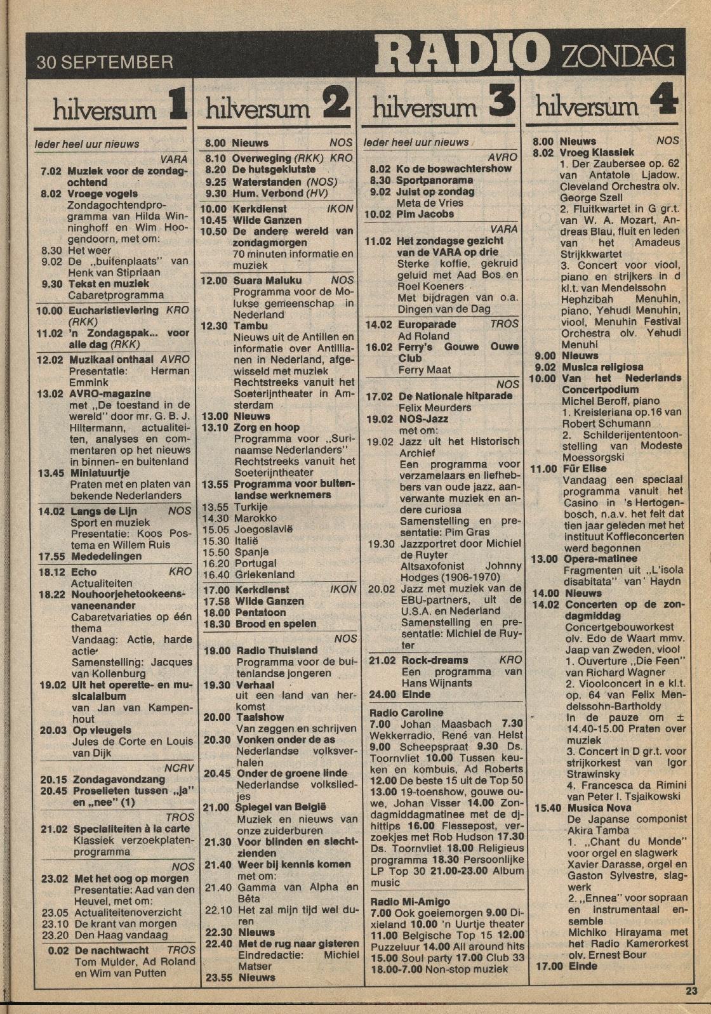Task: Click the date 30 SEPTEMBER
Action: tap(105, 62)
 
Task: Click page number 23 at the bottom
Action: tap(691, 991)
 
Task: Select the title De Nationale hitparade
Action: tap(455, 396)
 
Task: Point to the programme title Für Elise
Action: tap(584, 468)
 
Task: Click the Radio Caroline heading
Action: tap(406, 713)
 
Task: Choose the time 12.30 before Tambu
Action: tap(214, 325)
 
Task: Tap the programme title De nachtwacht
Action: tap(111, 950)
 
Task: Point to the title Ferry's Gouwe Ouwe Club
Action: tap(458, 352)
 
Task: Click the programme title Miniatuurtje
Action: tap(100, 473)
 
